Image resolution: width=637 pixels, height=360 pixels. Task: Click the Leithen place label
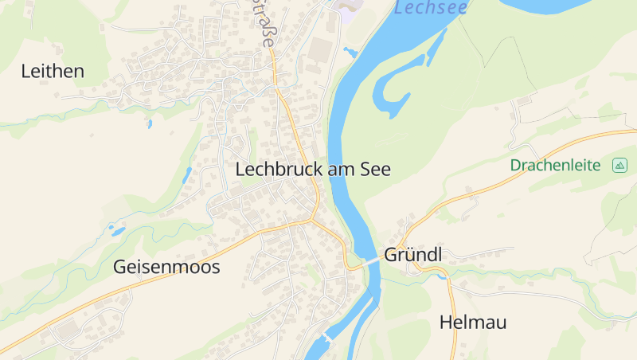[x=53, y=72]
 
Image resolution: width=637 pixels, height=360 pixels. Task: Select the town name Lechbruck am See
[x=313, y=170]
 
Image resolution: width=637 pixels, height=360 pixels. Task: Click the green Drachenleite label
[x=556, y=166]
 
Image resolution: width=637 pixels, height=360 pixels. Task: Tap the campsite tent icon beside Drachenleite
[x=619, y=166]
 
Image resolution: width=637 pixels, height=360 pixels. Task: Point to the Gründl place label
[x=412, y=255]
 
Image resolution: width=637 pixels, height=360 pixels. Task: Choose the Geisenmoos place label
[x=166, y=267]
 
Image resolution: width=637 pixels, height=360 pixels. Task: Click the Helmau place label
[x=473, y=323]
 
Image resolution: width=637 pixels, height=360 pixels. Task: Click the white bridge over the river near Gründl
[x=371, y=260]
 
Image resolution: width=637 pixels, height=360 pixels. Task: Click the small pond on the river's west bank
[x=350, y=53]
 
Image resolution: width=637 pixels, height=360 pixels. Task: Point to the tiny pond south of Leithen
[x=149, y=124]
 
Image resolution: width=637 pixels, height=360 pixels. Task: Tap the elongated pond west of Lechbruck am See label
[x=187, y=174]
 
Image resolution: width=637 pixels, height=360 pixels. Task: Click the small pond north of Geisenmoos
[x=118, y=231]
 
